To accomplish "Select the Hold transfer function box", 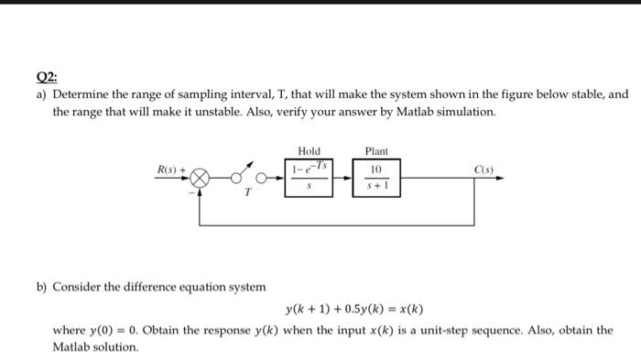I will pos(309,177).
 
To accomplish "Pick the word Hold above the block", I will pos(309,150).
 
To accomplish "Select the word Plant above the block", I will pos(376,150).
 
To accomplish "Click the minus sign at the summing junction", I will pos(191,191).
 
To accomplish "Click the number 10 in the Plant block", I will pos(375,169).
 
